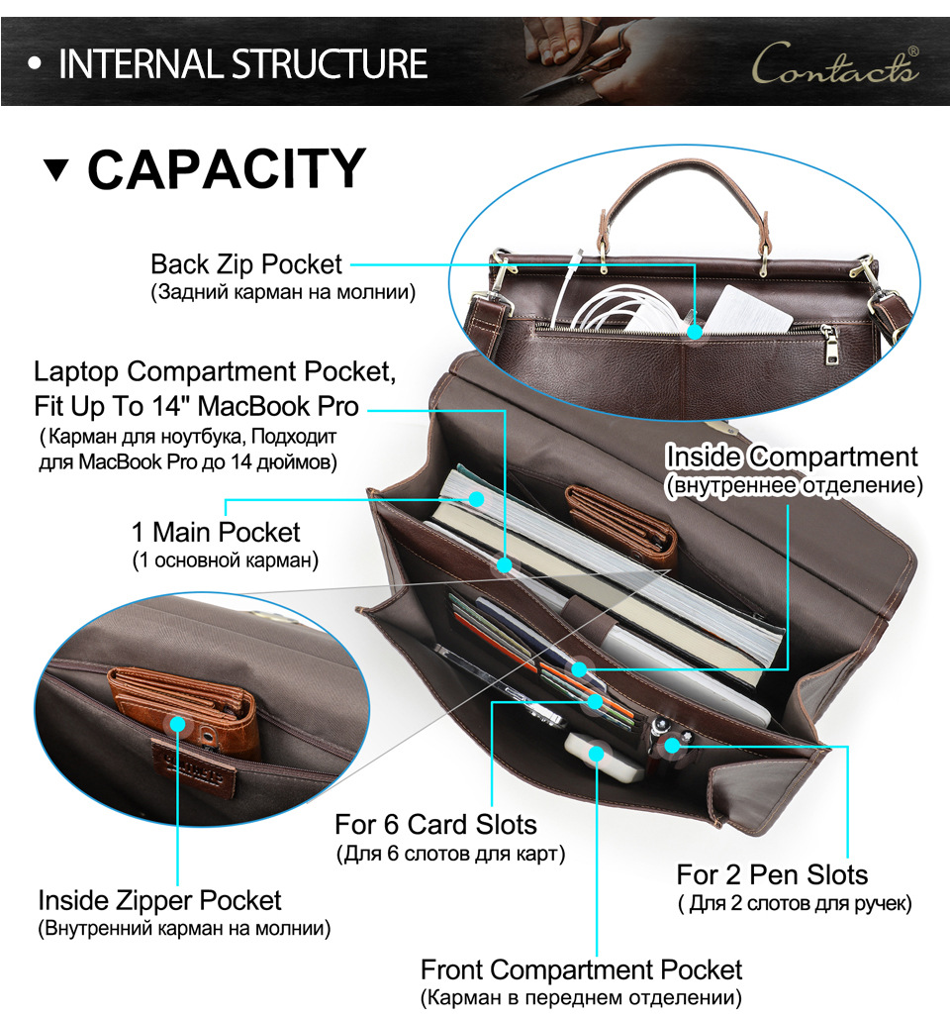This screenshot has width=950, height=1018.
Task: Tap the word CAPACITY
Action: (x=227, y=168)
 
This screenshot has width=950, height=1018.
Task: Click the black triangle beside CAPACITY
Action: (x=56, y=169)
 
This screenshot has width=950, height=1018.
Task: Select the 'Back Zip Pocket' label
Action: (x=246, y=264)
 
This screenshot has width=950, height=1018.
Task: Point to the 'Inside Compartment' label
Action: (x=792, y=457)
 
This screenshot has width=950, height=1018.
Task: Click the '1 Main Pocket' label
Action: (x=216, y=532)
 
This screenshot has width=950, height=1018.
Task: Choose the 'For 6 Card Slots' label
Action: (x=435, y=824)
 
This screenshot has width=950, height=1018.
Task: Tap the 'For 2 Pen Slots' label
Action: (x=772, y=874)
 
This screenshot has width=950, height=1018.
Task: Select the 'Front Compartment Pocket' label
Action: (x=581, y=969)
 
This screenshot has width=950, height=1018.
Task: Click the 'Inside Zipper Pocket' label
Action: (x=159, y=900)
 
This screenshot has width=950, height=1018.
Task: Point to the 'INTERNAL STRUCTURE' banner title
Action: (x=242, y=64)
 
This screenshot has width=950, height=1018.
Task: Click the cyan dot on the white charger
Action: (x=597, y=753)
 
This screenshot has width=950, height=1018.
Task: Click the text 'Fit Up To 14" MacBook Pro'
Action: (x=196, y=407)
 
